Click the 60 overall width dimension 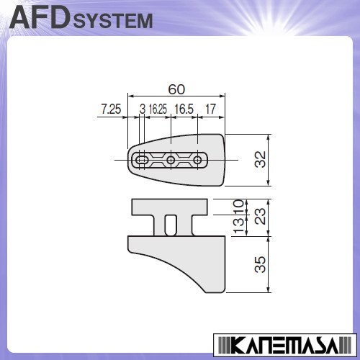tap(176, 89)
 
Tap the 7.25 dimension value tap(111, 109)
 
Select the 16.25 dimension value tap(158, 109)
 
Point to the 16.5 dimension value tap(184, 109)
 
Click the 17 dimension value tap(210, 109)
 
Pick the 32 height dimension tap(261, 159)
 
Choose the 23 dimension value tap(261, 216)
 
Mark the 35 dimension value tap(261, 264)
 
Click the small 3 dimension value tap(143, 109)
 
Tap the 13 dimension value tap(238, 225)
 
